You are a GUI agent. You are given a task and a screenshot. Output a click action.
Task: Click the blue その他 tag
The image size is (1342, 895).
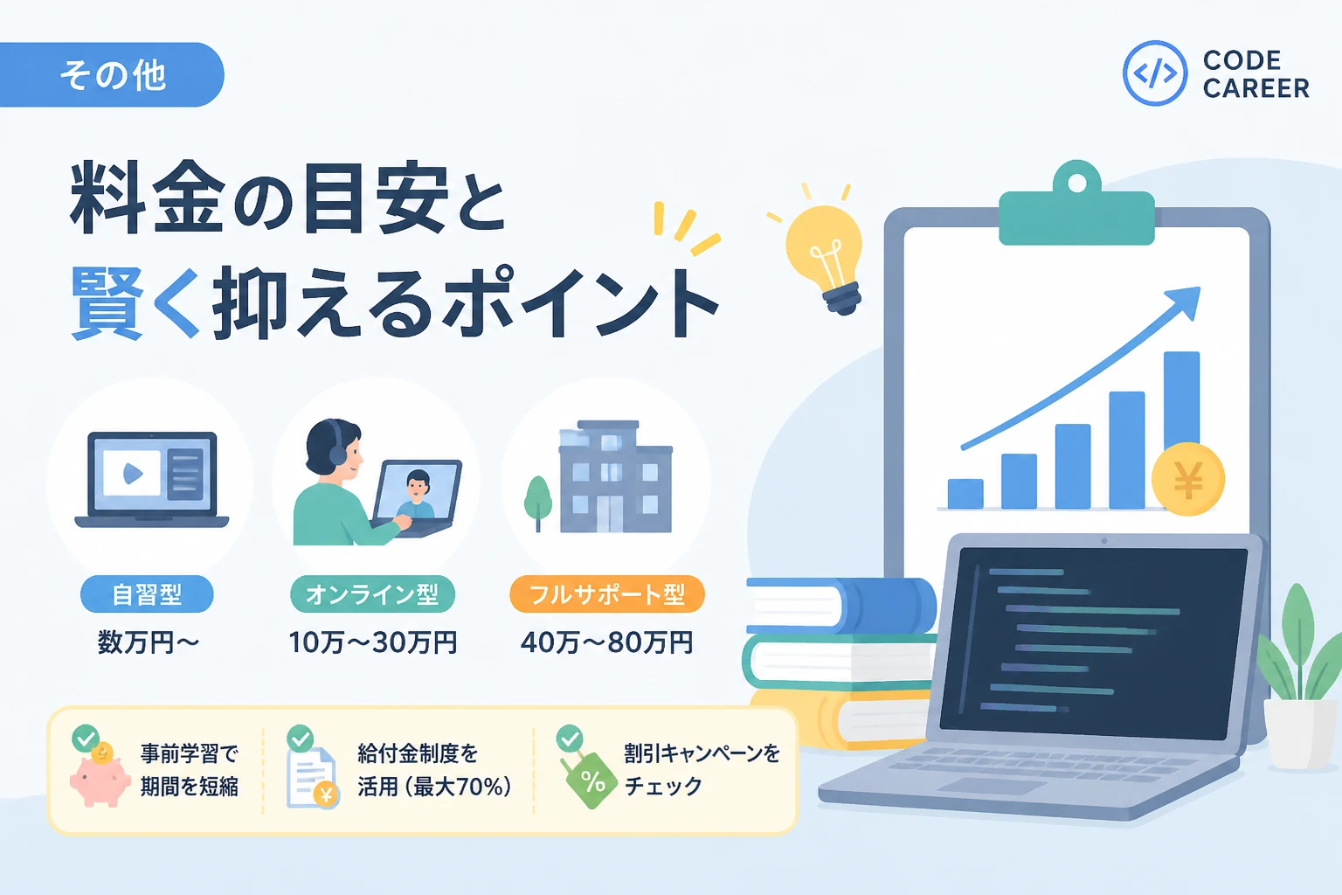(112, 75)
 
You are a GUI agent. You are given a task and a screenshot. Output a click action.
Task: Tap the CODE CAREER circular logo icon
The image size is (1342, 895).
(1154, 73)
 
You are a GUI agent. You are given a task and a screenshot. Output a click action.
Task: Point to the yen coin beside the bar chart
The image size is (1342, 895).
(1188, 480)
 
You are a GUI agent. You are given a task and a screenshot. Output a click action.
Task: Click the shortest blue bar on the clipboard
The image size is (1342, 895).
(965, 493)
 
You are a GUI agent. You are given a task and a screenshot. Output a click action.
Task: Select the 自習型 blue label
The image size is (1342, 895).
(147, 594)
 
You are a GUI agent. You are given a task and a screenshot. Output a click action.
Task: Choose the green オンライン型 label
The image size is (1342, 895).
(373, 594)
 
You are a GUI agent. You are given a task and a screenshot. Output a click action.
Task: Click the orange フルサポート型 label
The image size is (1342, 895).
(607, 594)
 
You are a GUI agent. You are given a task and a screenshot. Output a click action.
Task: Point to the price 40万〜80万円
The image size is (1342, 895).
(607, 642)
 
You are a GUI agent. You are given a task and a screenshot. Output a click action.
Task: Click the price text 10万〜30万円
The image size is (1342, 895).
(373, 642)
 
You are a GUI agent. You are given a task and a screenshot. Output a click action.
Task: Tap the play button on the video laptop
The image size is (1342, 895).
(133, 474)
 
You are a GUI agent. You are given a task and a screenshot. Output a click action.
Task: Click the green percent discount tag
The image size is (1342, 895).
(591, 781)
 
